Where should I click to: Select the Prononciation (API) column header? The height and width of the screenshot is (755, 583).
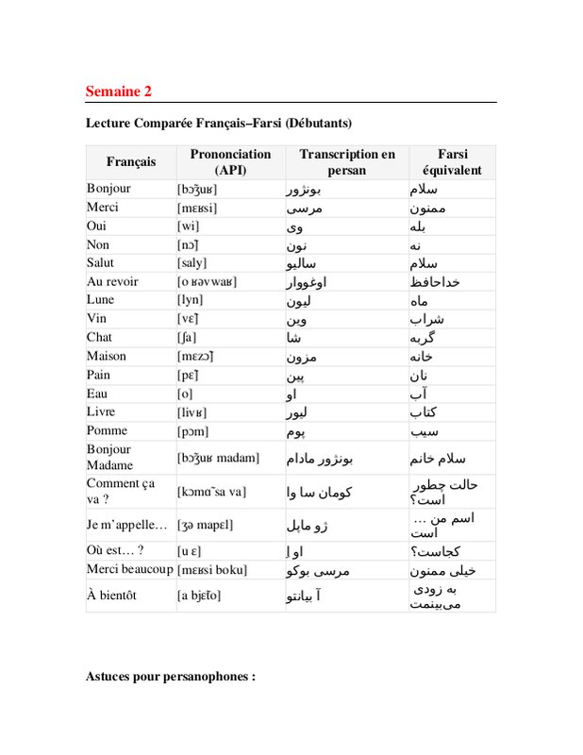click(x=230, y=162)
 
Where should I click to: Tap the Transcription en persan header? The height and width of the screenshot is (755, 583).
click(x=346, y=162)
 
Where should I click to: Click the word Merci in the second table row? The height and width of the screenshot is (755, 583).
click(x=102, y=207)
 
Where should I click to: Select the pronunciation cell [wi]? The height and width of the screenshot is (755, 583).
click(x=190, y=226)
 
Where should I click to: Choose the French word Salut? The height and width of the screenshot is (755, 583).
click(x=100, y=262)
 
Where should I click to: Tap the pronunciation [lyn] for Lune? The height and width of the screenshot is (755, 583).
click(x=192, y=300)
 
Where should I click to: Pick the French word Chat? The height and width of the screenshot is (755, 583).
click(x=99, y=337)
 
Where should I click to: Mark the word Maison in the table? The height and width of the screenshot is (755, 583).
click(x=106, y=356)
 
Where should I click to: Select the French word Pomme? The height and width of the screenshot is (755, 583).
click(x=106, y=430)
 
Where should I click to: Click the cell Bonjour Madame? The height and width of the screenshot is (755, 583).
click(x=109, y=458)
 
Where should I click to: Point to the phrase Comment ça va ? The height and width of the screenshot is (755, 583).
click(x=119, y=492)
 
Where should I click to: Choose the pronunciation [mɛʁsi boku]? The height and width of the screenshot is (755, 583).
click(x=212, y=570)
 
